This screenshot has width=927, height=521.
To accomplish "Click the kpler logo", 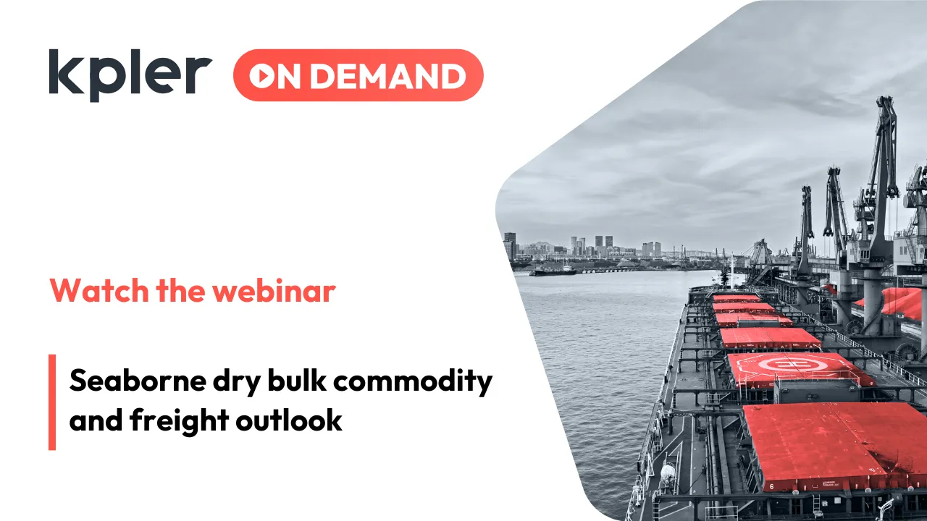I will pyautogui.click(x=130, y=74).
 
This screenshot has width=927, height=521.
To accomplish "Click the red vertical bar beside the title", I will pyautogui.click(x=52, y=402).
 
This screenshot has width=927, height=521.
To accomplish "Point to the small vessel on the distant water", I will pyautogui.click(x=553, y=271).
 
